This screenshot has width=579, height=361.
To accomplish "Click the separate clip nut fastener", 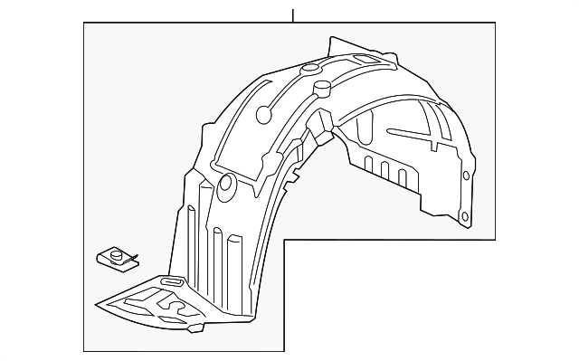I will pyautogui.click(x=115, y=259).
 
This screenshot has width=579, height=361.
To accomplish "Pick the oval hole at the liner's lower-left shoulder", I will pyautogui.click(x=226, y=187).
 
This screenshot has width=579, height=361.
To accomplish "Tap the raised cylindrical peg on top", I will pyautogui.click(x=321, y=88).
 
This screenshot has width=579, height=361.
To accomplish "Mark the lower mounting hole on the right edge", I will pyautogui.click(x=464, y=217).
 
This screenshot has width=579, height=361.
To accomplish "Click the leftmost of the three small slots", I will pyautogui.click(x=368, y=163).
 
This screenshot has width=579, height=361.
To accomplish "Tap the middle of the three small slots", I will pyautogui.click(x=384, y=169).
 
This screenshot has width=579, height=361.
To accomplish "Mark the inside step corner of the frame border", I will pyautogui.click(x=285, y=239).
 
